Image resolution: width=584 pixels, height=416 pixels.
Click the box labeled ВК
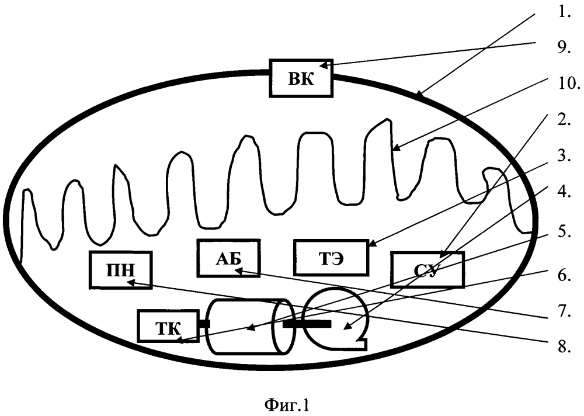(301, 78)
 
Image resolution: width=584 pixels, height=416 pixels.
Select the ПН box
(121, 270)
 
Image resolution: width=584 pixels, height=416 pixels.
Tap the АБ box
(228, 258)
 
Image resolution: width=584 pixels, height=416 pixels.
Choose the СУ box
(427, 270)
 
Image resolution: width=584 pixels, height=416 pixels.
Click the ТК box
(168, 326)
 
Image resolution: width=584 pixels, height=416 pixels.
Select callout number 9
(565, 48)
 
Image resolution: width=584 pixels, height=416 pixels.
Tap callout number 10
(569, 84)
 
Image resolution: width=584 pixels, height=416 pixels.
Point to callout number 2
(565, 121)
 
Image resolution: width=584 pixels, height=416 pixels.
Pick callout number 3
(565, 156)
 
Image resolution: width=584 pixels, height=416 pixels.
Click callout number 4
(565, 193)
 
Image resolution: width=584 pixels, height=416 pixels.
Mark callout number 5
(565, 231)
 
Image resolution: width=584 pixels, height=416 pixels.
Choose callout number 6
(565, 275)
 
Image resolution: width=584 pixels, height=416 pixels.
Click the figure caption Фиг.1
(287, 404)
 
